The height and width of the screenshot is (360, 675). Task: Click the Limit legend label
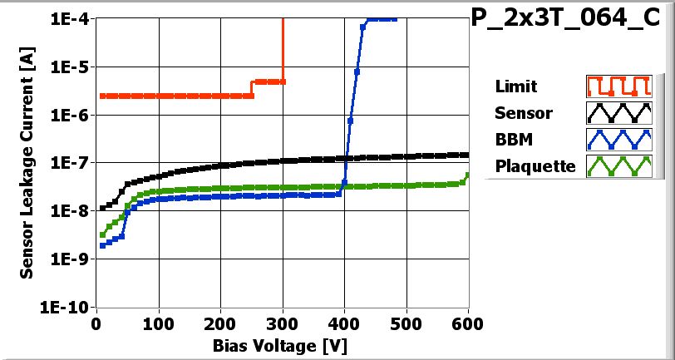click(515, 86)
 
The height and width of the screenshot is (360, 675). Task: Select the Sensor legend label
click(524, 112)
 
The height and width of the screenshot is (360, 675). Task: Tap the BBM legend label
click(513, 139)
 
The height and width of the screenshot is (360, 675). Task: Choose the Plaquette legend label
click(535, 165)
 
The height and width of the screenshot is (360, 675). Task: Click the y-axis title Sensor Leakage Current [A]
click(27, 163)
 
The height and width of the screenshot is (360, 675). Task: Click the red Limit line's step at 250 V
click(252, 88)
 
